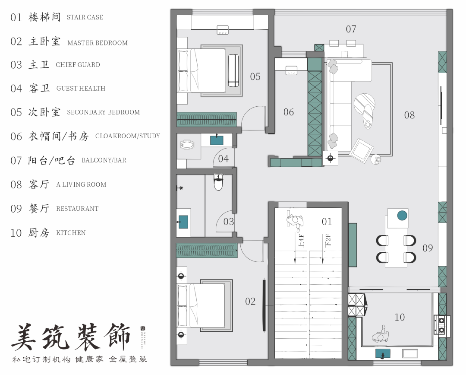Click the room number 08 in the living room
pos(409,115)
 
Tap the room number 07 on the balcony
pos(351,29)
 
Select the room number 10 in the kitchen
pos(400,318)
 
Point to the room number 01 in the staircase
pos(327,222)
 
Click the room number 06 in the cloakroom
pos(288,112)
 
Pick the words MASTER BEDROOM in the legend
pos(98,43)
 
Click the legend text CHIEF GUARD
pos(78,65)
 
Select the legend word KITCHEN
pos(71,233)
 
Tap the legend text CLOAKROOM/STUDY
pos(127,136)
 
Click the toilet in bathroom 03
pos(219,182)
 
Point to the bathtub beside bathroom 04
pos(188,145)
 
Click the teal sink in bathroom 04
pos(216,140)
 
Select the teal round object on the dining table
pos(402,215)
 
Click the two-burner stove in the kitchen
pos(442,325)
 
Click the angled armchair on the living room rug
pos(361,150)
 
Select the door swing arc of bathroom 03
pos(225,222)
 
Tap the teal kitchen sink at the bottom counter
pos(382,353)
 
